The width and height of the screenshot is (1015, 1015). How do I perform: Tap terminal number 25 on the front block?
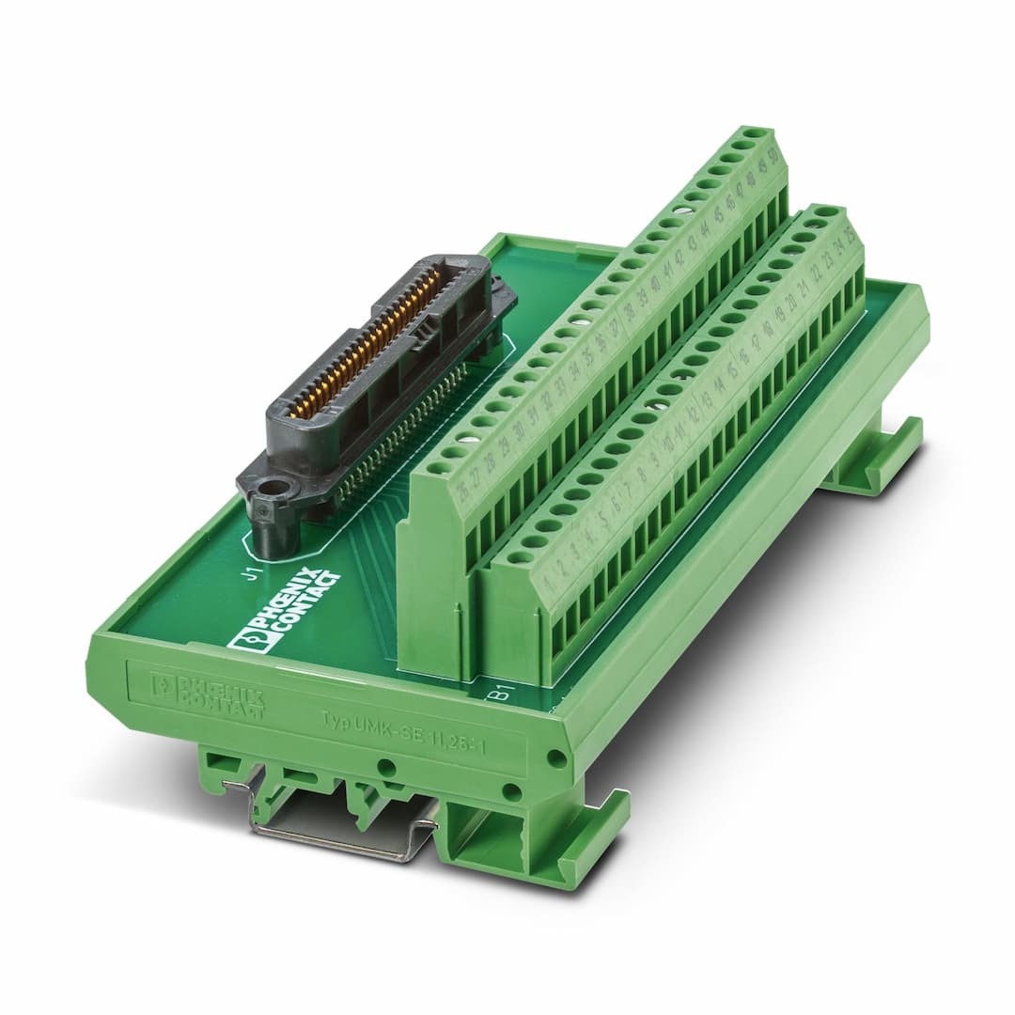pyautogui.click(x=851, y=233)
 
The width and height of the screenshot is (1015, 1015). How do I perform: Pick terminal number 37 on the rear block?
pyautogui.click(x=615, y=328)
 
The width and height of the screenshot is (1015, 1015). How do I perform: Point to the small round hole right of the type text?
pyautogui.click(x=556, y=758)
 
